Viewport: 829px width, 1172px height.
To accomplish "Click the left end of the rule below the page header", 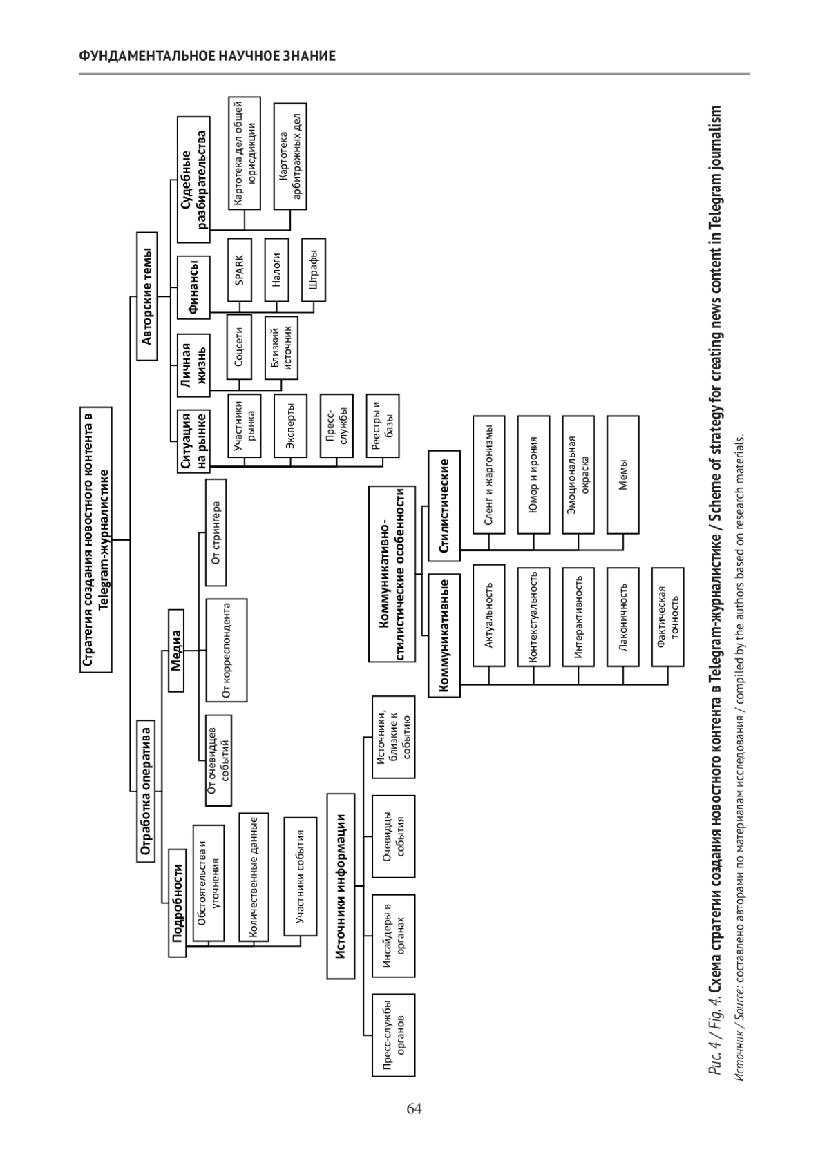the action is coord(79,74).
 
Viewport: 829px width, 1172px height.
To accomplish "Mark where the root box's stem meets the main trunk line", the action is coord(130,539).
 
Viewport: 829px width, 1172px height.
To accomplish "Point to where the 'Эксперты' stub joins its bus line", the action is coord(290,465).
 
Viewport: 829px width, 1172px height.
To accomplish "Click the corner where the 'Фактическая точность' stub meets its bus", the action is coord(667,684).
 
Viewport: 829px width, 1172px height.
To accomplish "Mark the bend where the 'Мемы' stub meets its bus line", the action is coord(623,550).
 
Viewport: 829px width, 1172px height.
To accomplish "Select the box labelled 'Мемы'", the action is coord(623,474).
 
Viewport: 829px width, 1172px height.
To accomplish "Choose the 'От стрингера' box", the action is coord(216,532).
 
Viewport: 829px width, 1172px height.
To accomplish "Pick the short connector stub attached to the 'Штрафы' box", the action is coord(314,307).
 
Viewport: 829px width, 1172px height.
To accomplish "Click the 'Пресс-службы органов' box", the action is coord(394,1035).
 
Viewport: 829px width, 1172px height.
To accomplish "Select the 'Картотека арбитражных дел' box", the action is coord(290,157).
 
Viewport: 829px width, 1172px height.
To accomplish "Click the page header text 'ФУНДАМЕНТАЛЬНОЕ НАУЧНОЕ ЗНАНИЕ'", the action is coord(207,56).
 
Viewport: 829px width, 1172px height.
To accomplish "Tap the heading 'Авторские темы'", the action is coord(147,296).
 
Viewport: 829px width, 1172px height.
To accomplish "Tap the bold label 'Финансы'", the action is coord(193,287).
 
